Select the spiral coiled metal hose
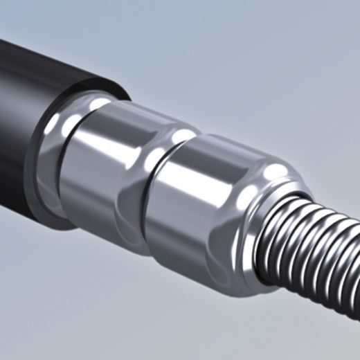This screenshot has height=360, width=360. (318, 256)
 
